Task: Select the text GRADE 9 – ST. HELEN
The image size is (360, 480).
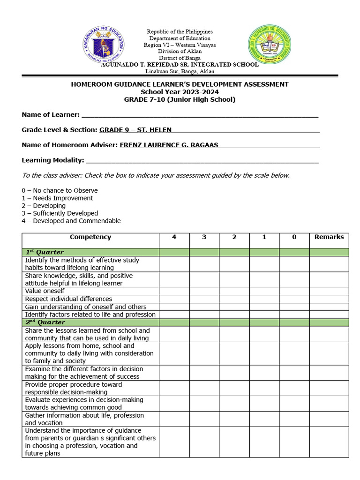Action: [x=135, y=130]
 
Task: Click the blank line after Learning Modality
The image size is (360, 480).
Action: [x=202, y=160]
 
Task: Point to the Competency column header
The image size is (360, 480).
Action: [x=90, y=237]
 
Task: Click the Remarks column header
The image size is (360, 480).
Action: [x=329, y=237]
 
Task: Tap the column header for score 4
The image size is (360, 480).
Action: [x=174, y=237]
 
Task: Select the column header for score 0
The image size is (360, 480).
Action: [x=294, y=237]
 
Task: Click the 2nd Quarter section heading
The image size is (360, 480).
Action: [x=45, y=322]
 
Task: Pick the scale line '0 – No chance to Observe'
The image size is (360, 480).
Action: [x=60, y=191]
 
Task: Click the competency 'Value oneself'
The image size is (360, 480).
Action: [x=45, y=291]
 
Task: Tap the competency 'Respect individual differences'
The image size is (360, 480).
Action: [x=68, y=299]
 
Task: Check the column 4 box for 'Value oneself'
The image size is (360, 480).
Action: [x=174, y=291]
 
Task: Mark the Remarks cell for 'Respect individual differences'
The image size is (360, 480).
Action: [x=329, y=299]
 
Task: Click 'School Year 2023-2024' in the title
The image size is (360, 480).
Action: [x=180, y=92]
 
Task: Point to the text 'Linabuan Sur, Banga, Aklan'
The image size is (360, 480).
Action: [x=180, y=71]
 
